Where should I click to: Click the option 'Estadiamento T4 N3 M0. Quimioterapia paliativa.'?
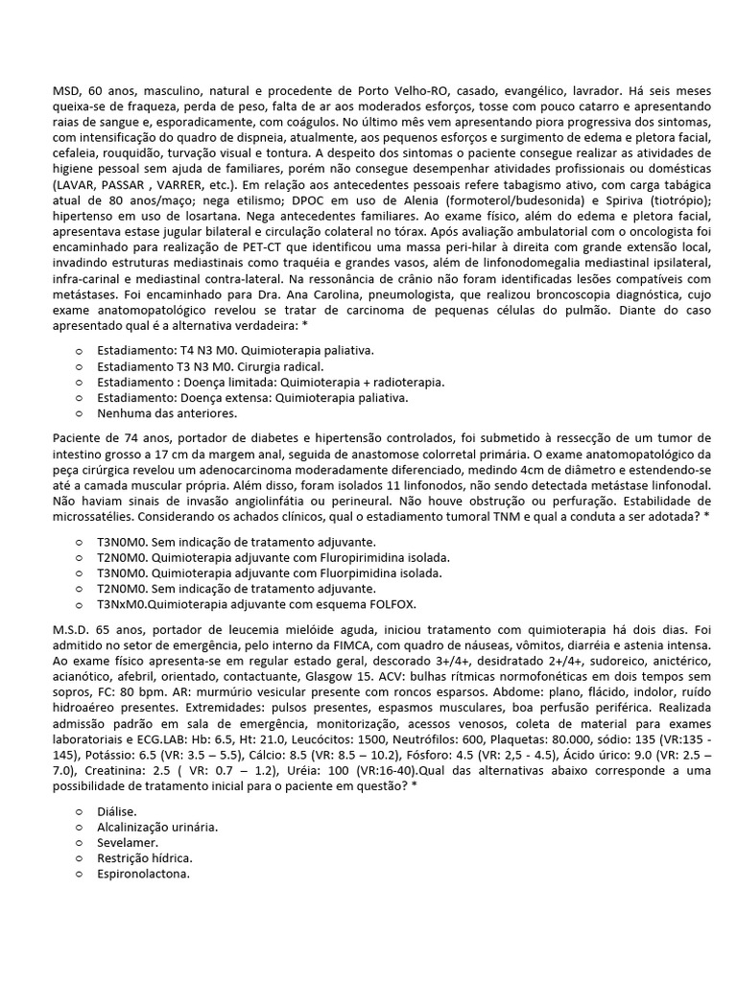(x=235, y=350)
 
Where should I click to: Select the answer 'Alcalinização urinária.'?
(x=156, y=826)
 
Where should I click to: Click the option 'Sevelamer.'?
(x=127, y=842)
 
